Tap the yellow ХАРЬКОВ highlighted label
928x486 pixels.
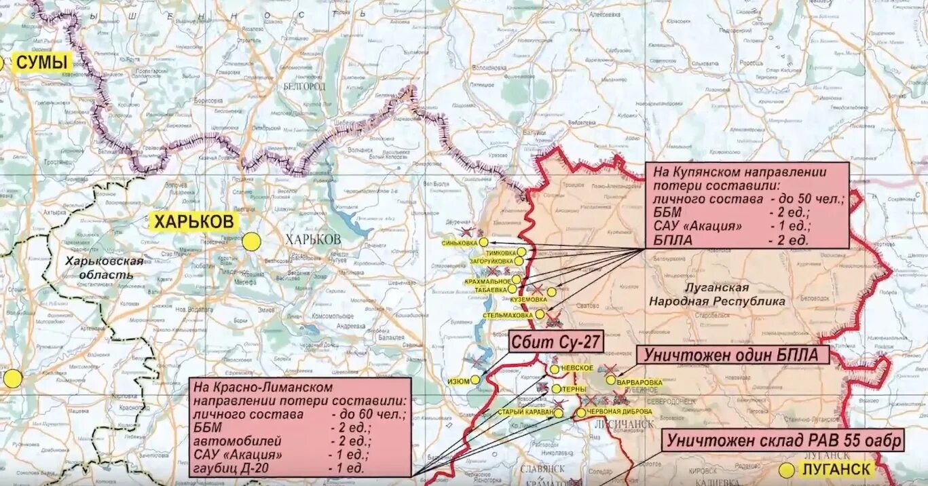coord(193,221)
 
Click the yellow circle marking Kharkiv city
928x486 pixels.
coord(251,242)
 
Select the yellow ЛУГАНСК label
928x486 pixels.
coord(835,469)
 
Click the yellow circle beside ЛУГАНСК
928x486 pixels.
coord(786,470)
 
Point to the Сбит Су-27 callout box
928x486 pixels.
coord(556,342)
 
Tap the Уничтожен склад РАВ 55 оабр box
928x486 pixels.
coord(784,441)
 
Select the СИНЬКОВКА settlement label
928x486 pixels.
coord(459,242)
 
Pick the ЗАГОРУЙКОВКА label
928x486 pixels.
coord(491,261)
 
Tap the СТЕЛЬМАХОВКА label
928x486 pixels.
coord(508,316)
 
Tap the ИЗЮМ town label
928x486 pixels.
coord(458,381)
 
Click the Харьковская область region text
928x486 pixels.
coord(105,268)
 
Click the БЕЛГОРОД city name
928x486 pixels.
coord(305,87)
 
